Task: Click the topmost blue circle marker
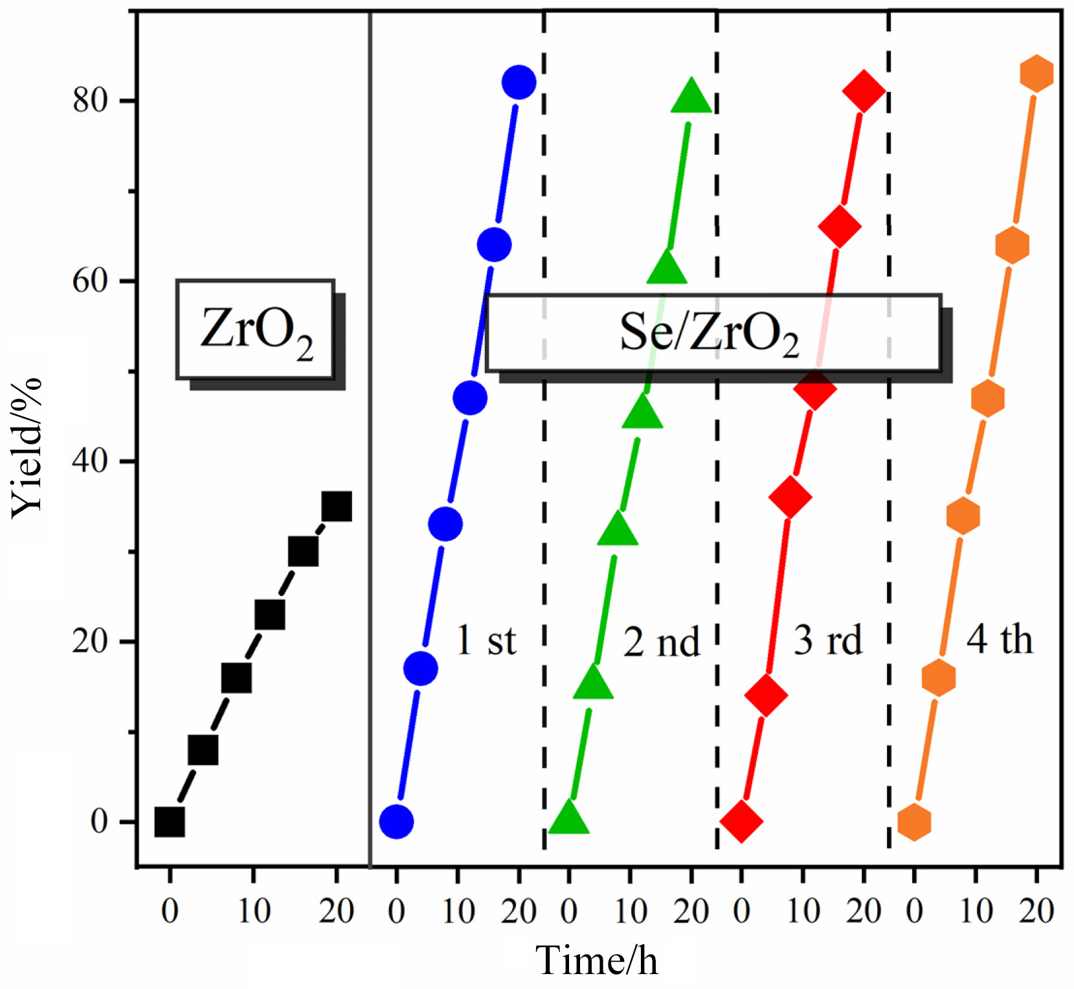click(519, 82)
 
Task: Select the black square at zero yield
click(170, 822)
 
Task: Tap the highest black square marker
click(337, 506)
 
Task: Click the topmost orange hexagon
click(1036, 73)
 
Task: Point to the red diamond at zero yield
click(741, 821)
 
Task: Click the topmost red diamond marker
click(864, 91)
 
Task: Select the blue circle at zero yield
click(396, 821)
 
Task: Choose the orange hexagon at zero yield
click(914, 822)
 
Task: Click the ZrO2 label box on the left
click(256, 330)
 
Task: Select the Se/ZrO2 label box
click(712, 333)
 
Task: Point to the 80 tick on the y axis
click(90, 101)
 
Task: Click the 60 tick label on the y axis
click(90, 281)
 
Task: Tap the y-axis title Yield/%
click(27, 447)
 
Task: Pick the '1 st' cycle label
click(486, 641)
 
